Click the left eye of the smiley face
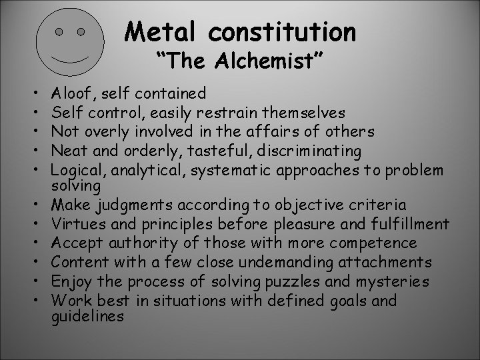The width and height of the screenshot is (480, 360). [59, 31]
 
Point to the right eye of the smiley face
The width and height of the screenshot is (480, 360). [81, 31]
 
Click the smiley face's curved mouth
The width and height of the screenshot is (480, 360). [71, 56]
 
